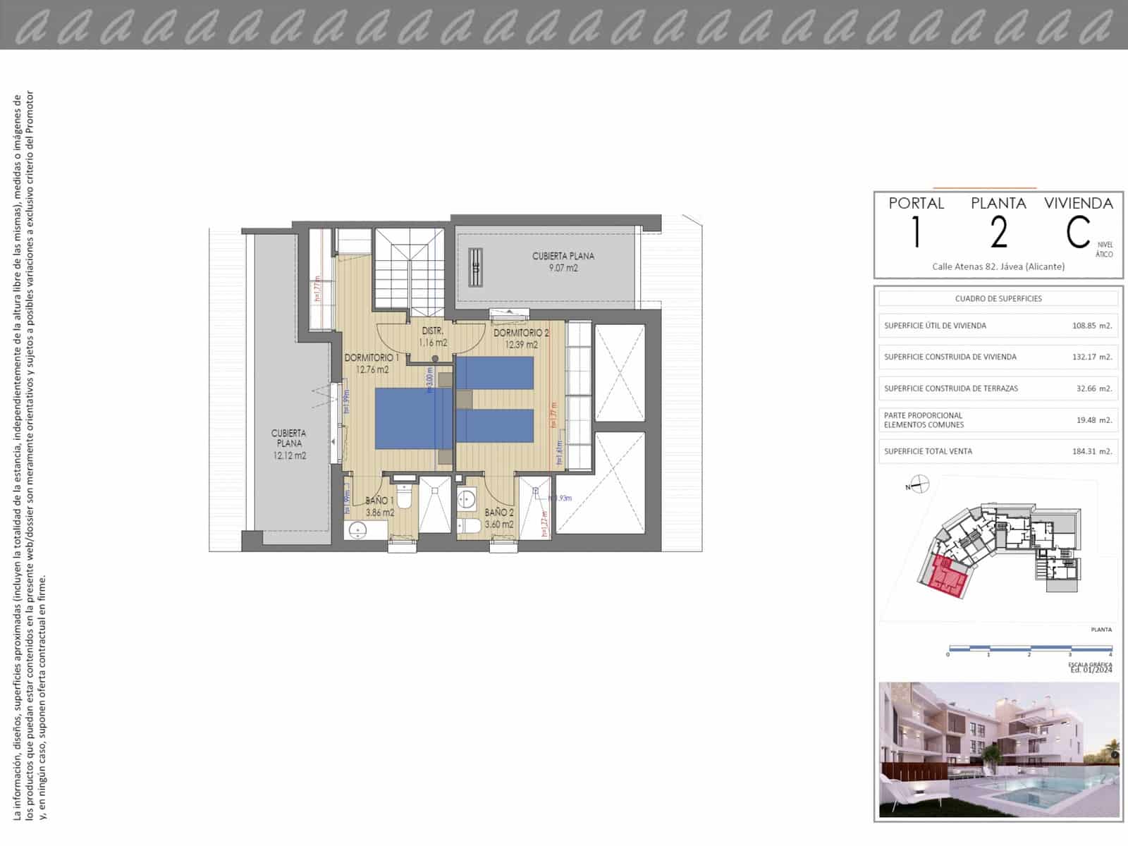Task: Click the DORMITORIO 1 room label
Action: [372, 358]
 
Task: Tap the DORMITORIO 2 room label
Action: [521, 333]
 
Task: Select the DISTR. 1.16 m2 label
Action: [432, 337]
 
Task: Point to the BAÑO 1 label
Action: [380, 501]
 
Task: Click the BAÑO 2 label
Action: [499, 513]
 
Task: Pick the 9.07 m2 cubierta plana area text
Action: [563, 268]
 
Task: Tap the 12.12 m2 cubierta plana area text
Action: [290, 456]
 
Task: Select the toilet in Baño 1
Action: [404, 497]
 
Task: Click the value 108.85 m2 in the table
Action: [1091, 326]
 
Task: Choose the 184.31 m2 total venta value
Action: [1091, 451]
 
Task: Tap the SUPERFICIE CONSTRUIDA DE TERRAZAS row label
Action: [951, 388]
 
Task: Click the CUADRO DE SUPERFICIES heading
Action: [998, 298]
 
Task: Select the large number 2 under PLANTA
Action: [998, 233]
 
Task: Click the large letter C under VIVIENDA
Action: [1078, 233]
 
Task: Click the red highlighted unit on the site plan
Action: [946, 577]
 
